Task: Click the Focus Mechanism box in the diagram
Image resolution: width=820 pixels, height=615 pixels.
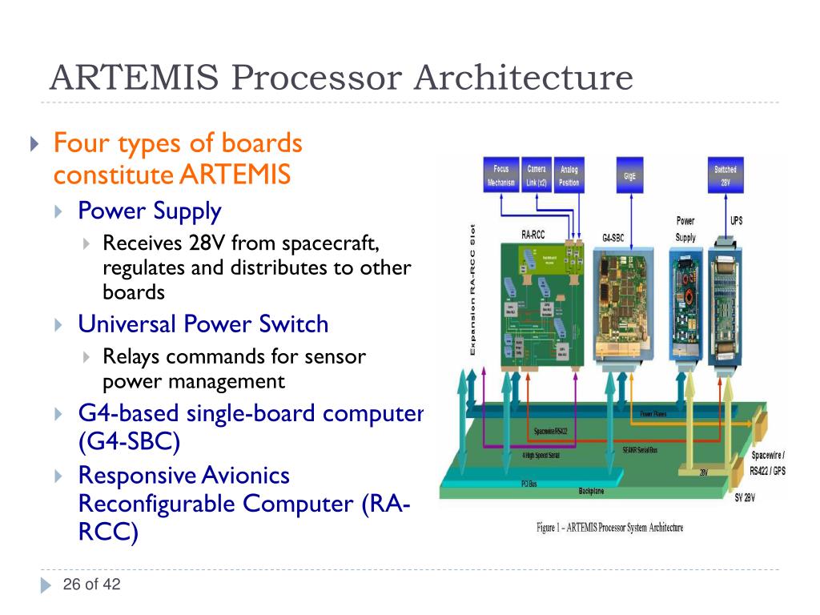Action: (x=500, y=175)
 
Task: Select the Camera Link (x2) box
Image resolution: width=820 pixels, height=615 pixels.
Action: (x=537, y=175)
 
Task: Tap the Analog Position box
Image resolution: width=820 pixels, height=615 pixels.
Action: (x=569, y=175)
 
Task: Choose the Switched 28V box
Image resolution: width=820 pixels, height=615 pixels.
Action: (x=726, y=175)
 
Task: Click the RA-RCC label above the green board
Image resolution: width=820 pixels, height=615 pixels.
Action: (x=533, y=236)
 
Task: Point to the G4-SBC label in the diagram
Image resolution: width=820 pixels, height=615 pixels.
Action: (x=615, y=238)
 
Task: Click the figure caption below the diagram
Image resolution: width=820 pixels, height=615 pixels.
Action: (x=609, y=529)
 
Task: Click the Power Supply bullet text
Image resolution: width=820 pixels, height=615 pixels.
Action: (x=150, y=211)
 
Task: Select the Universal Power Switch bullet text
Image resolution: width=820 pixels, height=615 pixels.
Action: (x=203, y=324)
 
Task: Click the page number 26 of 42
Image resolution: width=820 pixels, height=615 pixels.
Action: (x=91, y=585)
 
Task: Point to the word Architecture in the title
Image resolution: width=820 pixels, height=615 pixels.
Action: (x=523, y=78)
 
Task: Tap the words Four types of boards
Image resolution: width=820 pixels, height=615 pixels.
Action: (x=178, y=144)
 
